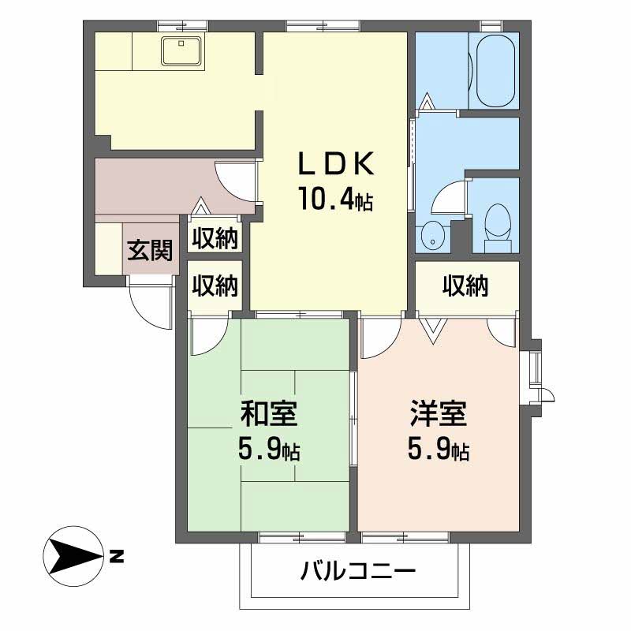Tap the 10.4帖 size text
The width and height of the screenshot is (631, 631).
[334, 199]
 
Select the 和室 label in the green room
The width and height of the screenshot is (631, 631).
[268, 413]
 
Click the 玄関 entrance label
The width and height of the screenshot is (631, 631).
[150, 251]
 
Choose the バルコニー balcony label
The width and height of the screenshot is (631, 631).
[357, 571]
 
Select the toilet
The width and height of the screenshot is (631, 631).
[497, 222]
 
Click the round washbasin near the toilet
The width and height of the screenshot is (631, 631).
[431, 233]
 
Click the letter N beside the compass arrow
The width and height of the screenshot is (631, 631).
[117, 557]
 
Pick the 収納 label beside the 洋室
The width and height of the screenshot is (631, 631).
[465, 286]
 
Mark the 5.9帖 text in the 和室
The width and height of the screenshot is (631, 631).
[268, 450]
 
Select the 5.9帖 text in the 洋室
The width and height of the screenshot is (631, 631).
[439, 450]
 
